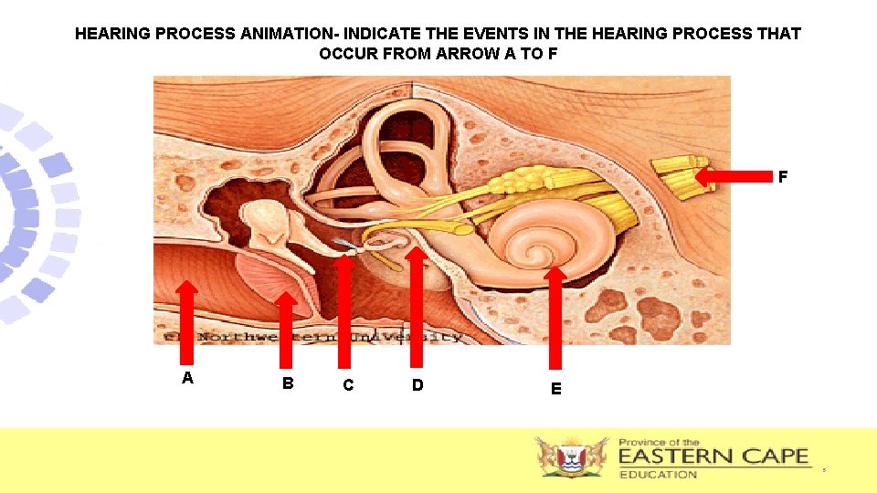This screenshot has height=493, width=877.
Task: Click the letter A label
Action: (x=187, y=378)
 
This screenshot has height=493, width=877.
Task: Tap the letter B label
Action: (x=288, y=383)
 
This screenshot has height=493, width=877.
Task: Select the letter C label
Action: (x=347, y=385)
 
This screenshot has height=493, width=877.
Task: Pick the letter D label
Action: (x=417, y=385)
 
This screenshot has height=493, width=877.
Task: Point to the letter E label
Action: (x=555, y=388)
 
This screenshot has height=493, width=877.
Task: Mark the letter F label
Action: (x=783, y=177)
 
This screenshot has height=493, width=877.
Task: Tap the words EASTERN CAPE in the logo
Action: (x=713, y=456)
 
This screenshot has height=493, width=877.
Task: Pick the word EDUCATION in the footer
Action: (x=658, y=474)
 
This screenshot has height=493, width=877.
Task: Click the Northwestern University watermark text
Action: (x=311, y=336)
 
